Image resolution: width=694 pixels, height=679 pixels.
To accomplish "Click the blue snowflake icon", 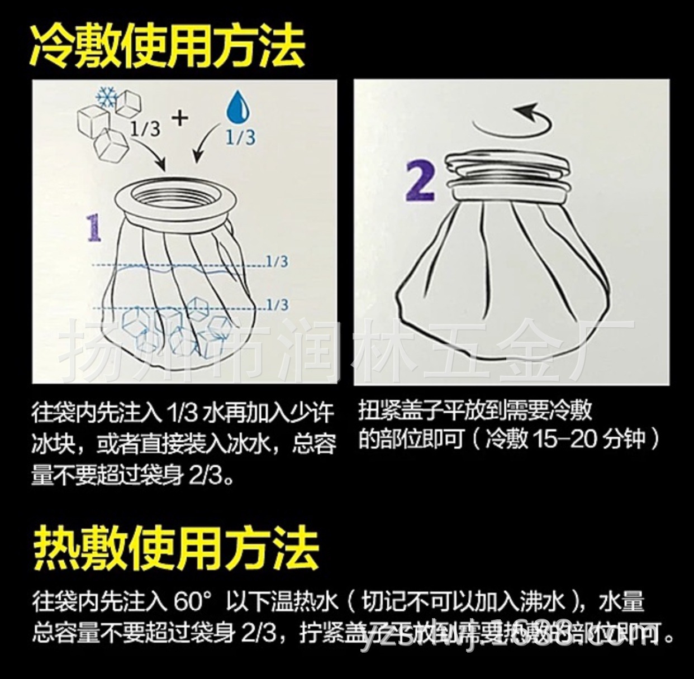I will pyautogui.click(x=107, y=97).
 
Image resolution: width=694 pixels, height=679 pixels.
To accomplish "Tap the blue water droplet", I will pyautogui.click(x=238, y=108).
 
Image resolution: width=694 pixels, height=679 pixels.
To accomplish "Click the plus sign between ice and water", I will pyautogui.click(x=180, y=119).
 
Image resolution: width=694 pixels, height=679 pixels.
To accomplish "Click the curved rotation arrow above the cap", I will pyautogui.click(x=514, y=117).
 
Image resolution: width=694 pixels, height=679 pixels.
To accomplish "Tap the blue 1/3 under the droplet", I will pyautogui.click(x=240, y=137).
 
